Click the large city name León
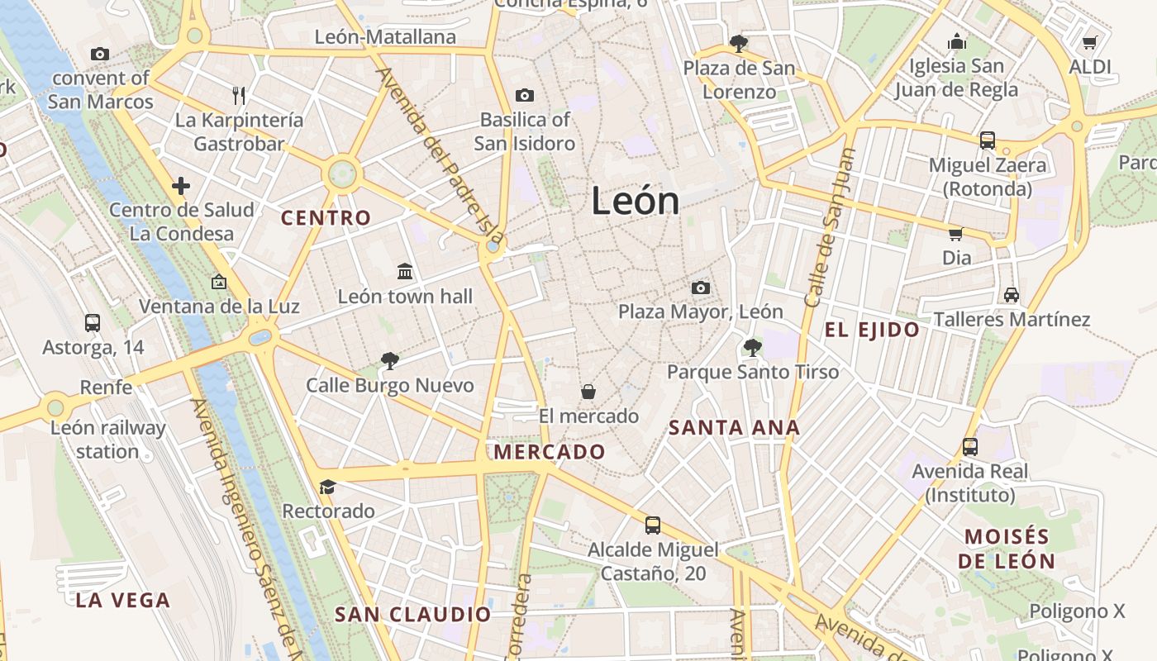pos(635,202)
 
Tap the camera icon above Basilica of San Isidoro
pos(524,96)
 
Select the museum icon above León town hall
pos(405,271)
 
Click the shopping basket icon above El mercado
pos(588,391)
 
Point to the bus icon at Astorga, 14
pos(93,322)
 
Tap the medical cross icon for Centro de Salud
pos(181,186)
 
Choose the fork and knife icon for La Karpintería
pos(239,96)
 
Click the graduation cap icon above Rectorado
pos(328,487)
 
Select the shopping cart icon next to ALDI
pos(1089,42)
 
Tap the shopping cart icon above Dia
pos(956,234)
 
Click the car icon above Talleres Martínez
pos(1011,295)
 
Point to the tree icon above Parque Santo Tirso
pos(752,347)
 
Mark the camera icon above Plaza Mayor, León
pos(701,288)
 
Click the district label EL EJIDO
pos(872,330)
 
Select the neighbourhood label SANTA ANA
pos(734,428)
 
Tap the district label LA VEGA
pos(122,601)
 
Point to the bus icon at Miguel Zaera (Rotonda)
pos(987,140)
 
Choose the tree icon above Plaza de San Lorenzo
pos(738,43)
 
